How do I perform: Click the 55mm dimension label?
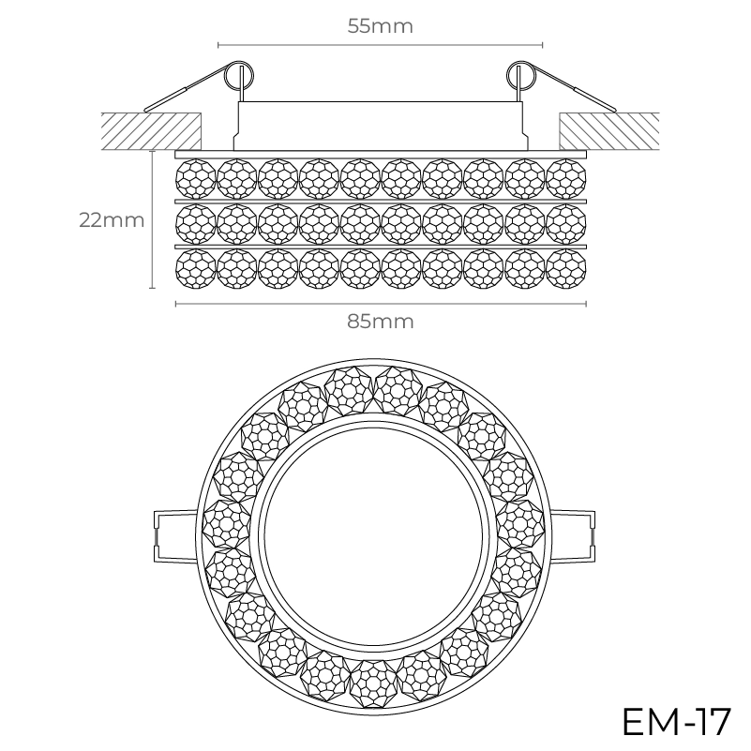pyautogui.click(x=380, y=26)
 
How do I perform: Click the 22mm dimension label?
pyautogui.click(x=112, y=220)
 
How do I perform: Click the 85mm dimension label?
pyautogui.click(x=380, y=321)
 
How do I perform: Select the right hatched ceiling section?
pyautogui.click(x=608, y=129)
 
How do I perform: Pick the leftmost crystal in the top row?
pyautogui.click(x=196, y=175)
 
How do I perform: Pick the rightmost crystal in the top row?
pyautogui.click(x=565, y=175)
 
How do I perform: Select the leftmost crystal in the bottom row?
pyautogui.click(x=196, y=267)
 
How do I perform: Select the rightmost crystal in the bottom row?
pyautogui.click(x=565, y=267)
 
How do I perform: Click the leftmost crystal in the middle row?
pyautogui.click(x=196, y=221)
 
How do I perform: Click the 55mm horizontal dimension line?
pyautogui.click(x=380, y=44)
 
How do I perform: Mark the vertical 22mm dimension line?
pyautogui.click(x=152, y=220)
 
